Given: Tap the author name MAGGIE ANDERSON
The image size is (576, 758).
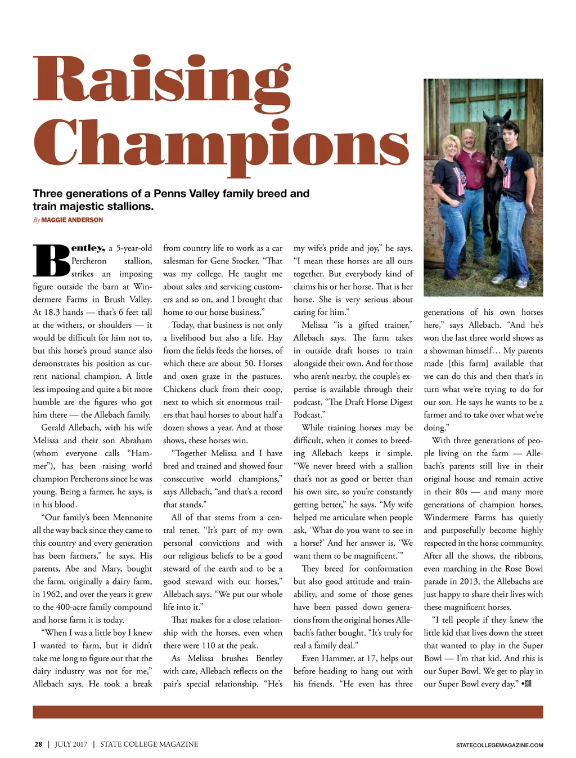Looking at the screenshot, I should pos(72,220).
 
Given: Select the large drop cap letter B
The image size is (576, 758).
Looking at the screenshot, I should pos(51,261).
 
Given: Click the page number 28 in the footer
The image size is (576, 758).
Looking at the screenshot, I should pos(38,744).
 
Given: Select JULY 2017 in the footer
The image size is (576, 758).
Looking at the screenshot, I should pos(71,744).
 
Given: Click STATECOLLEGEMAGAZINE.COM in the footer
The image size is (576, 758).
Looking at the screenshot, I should pos(499,745).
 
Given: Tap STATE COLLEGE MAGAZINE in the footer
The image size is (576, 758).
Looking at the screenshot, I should pos(149,744).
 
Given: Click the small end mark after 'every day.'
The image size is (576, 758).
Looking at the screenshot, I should pos(527,684).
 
